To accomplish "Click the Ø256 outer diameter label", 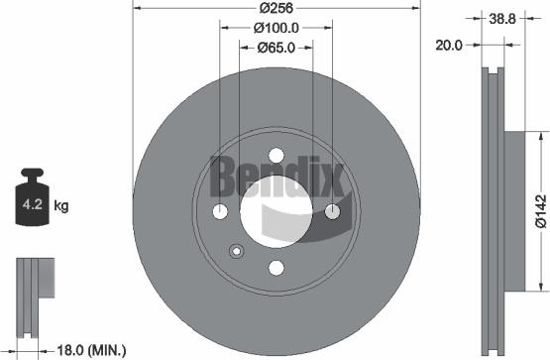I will (276, 10).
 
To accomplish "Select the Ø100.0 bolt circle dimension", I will (276, 29).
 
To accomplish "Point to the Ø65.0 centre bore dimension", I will (276, 47).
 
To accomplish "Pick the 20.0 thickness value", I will (452, 44).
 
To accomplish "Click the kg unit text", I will (61, 206).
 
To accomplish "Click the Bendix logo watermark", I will (276, 184).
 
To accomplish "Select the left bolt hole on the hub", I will (220, 211).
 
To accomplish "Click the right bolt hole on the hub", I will (333, 211).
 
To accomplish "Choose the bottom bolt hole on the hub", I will (276, 268).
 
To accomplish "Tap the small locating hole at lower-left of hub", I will (236, 250).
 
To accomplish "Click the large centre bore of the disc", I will (276, 211).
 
